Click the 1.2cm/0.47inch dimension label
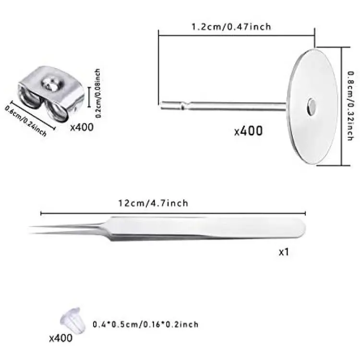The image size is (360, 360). point(231,27)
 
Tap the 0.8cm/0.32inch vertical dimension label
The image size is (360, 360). point(350,106)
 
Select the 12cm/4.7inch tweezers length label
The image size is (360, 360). point(153,203)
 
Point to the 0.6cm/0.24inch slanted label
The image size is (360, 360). point(26,120)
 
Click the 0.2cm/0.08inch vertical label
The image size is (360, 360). point(98,93)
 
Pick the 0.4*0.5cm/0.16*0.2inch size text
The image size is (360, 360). point(145,324)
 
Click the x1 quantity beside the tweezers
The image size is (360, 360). point(284,252)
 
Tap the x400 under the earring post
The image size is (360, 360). point(248,131)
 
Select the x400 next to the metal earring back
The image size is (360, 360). point(82,127)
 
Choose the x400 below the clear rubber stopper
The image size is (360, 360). point(61,338)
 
